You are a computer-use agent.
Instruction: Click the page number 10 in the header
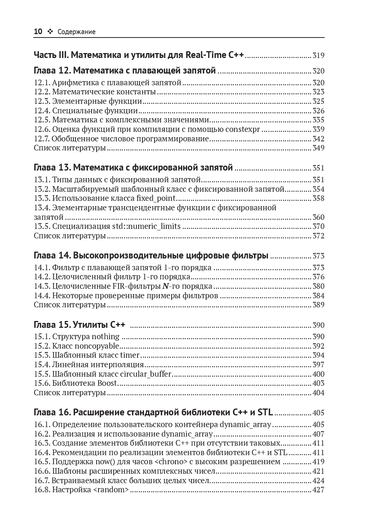click(38, 32)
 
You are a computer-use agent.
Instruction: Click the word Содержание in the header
click(77, 32)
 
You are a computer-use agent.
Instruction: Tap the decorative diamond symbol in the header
click(50, 32)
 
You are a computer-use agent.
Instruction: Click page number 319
click(318, 56)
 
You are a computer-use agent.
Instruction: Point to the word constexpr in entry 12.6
click(242, 129)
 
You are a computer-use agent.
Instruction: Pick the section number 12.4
click(42, 111)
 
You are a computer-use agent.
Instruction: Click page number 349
click(318, 148)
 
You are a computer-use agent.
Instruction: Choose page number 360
click(318, 217)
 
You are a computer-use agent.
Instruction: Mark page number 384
click(318, 296)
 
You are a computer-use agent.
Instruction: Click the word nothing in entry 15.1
click(106, 337)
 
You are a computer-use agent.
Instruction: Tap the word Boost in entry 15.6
click(107, 383)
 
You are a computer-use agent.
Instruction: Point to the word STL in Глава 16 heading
click(265, 412)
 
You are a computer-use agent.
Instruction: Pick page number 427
click(318, 490)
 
